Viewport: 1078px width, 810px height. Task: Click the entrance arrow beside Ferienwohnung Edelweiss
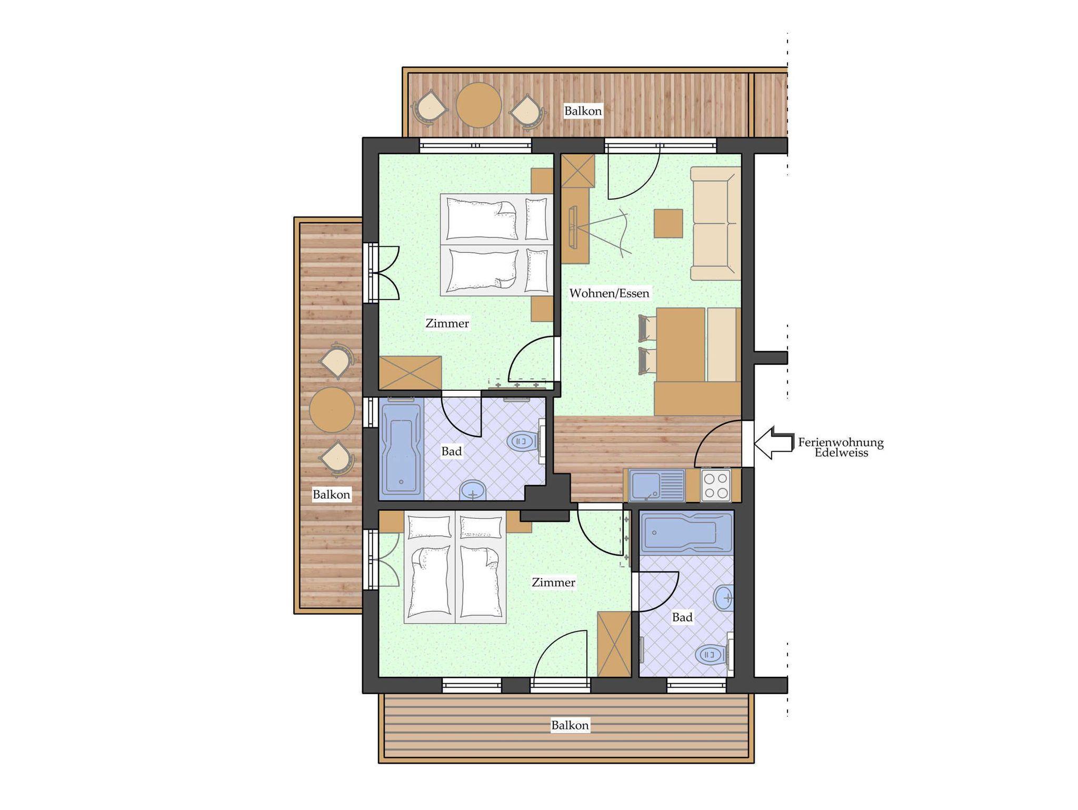pyautogui.click(x=774, y=443)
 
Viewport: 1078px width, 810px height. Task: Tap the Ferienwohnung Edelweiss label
pyautogui.click(x=841, y=448)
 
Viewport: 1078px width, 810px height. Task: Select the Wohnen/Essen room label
pyautogui.click(x=610, y=293)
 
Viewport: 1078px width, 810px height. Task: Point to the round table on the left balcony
pyautogui.click(x=332, y=410)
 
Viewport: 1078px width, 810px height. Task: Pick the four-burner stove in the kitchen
pyautogui.click(x=716, y=485)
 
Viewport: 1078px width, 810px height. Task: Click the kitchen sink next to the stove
pyautogui.click(x=657, y=485)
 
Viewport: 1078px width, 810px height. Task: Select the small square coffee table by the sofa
pyautogui.click(x=668, y=223)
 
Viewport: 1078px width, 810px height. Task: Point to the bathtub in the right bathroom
pyautogui.click(x=686, y=532)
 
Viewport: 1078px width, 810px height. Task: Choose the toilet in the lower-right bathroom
pyautogui.click(x=714, y=655)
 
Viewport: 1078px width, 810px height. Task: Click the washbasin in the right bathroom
pyautogui.click(x=723, y=598)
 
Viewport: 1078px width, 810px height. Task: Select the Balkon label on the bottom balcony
pyautogui.click(x=570, y=725)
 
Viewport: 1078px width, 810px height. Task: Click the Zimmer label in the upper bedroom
pyautogui.click(x=447, y=323)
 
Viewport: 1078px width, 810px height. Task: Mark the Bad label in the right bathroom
pyautogui.click(x=682, y=617)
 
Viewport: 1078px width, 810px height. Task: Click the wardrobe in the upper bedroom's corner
pyautogui.click(x=411, y=373)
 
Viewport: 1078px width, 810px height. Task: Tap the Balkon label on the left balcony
pyautogui.click(x=332, y=495)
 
